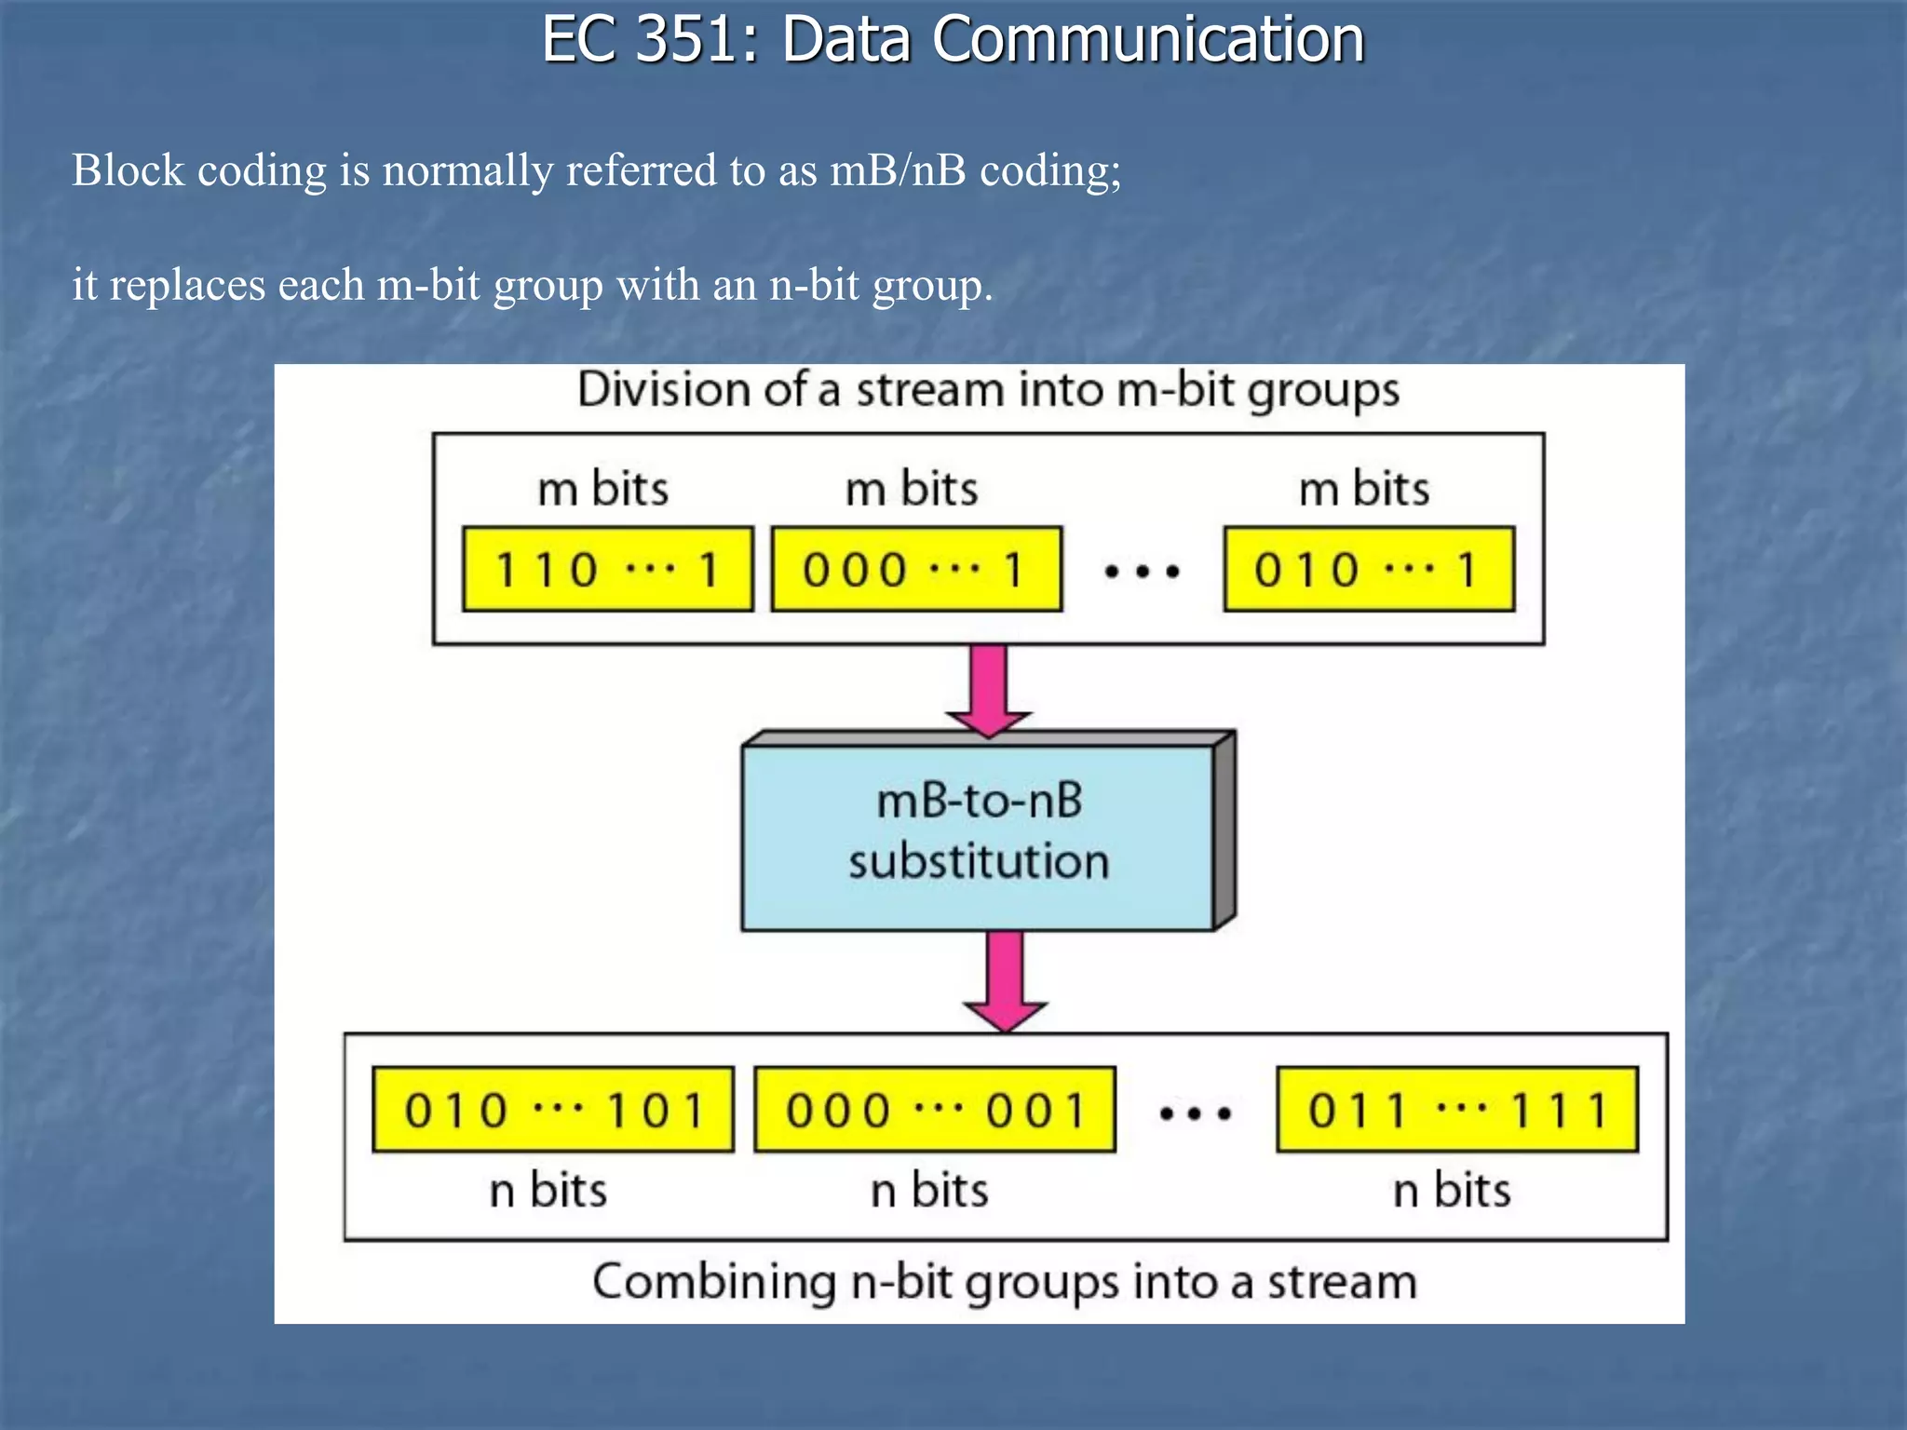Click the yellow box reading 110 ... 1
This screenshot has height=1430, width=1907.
tap(607, 569)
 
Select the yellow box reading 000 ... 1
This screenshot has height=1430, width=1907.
tap(916, 569)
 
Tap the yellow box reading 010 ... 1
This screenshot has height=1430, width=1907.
tap(1369, 569)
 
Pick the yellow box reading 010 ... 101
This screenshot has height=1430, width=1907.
tap(553, 1110)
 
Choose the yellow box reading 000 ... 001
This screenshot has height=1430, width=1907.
tap(935, 1110)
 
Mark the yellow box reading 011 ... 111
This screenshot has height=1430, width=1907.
tap(1457, 1110)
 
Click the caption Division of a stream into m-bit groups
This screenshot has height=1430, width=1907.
tap(988, 390)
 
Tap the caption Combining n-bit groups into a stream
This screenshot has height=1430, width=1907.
tap(1005, 1282)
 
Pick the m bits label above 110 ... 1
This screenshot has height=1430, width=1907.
tap(603, 488)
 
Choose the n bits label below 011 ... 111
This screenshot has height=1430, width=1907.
tap(1452, 1190)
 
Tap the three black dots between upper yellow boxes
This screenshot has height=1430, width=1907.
tap(1143, 571)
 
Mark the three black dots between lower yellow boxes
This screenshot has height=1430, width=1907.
tap(1196, 1113)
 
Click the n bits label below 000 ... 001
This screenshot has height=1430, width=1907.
tap(929, 1190)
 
